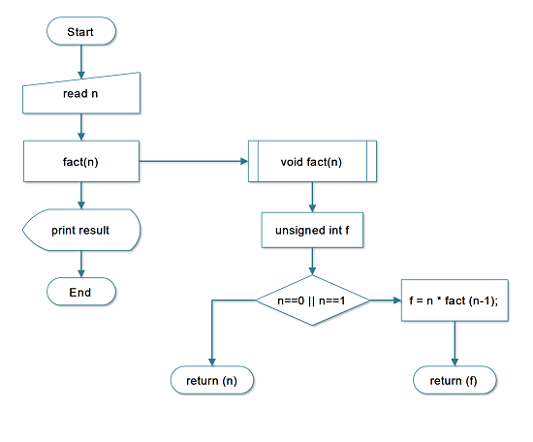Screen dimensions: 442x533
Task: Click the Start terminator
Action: [x=81, y=32]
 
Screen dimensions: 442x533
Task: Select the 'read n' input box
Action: [x=81, y=95]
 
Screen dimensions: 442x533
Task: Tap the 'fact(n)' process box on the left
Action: [x=81, y=161]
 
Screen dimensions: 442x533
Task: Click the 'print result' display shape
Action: [x=81, y=230]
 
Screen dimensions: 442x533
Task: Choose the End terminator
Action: [x=81, y=292]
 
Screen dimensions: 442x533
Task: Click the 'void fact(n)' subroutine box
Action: [x=311, y=161]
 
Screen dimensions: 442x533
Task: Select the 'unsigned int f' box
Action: [x=311, y=231]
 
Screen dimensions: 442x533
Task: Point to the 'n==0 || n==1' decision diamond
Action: [x=311, y=300]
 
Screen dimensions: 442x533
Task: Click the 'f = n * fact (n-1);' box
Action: [x=455, y=300]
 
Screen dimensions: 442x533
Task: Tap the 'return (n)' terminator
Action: [x=211, y=381]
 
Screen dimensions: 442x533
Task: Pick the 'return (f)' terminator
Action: [x=455, y=381]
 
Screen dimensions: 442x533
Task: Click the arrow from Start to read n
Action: [x=81, y=61]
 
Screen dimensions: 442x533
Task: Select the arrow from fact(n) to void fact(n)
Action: [x=194, y=161]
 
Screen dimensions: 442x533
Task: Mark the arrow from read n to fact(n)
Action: [x=81, y=127]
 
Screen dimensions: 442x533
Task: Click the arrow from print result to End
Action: [x=81, y=262]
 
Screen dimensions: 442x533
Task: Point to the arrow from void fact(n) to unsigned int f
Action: [x=311, y=196]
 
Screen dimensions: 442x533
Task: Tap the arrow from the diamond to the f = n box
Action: [x=385, y=300]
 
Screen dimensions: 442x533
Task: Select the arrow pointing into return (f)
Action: [x=455, y=344]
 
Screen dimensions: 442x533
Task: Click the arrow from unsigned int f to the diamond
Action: [x=311, y=262]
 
